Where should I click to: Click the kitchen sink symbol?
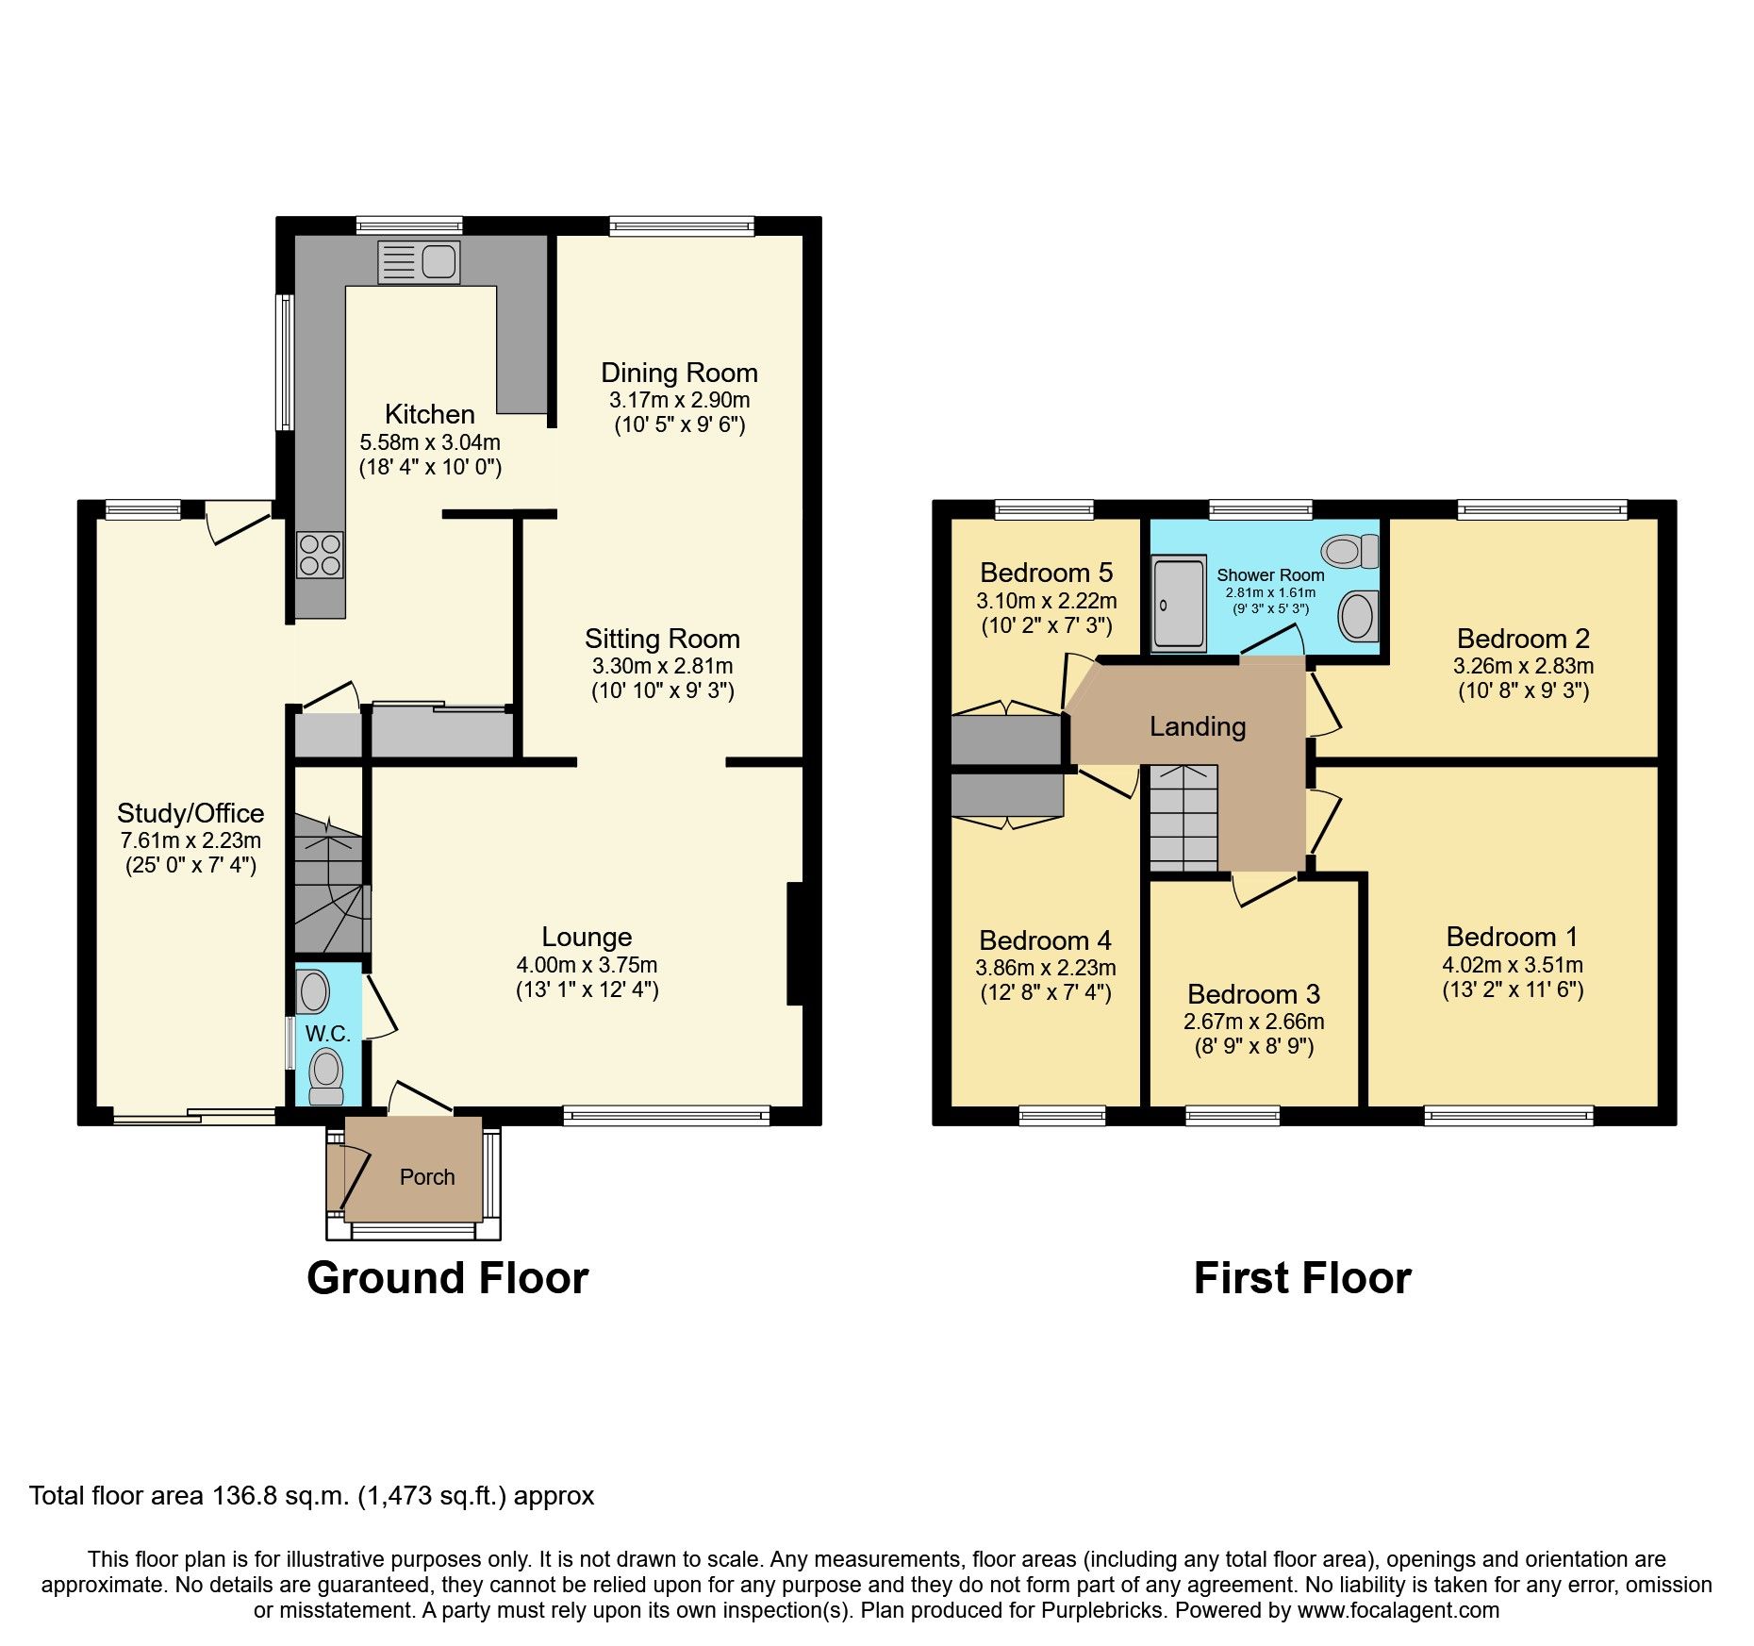click(419, 262)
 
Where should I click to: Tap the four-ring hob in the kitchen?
click(320, 556)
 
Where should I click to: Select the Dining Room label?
click(679, 373)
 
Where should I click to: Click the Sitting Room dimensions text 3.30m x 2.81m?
click(662, 666)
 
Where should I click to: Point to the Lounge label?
click(587, 937)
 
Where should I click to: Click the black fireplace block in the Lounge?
click(795, 943)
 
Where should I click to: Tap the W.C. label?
click(327, 1034)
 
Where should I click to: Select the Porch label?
click(427, 1177)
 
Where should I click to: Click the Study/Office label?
click(190, 813)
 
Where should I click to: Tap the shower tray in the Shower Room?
click(1179, 603)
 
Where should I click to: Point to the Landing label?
click(1198, 726)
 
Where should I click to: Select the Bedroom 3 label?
click(1253, 994)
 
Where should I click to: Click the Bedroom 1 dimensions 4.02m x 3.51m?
click(1512, 965)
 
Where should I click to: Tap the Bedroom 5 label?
click(1046, 573)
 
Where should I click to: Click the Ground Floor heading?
click(447, 1278)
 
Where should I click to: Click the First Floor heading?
click(1302, 1278)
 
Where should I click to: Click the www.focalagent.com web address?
click(1398, 1610)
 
